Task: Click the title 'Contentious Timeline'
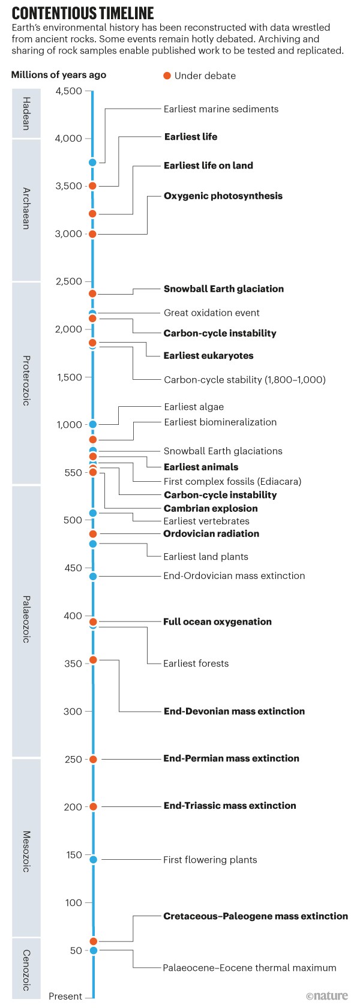[x=83, y=13]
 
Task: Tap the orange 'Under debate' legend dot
[x=167, y=76]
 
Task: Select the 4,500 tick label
[x=68, y=91]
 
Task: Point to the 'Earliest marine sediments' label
[x=221, y=109]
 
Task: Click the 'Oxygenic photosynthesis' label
[x=223, y=196]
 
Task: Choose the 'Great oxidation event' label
[x=211, y=313]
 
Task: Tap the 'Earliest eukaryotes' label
[x=208, y=356]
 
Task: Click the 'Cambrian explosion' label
[x=211, y=508]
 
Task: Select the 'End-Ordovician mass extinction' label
[x=234, y=576]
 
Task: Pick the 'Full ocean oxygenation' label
[x=217, y=622]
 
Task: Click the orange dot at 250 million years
[x=93, y=759]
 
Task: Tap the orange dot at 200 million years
[x=93, y=806]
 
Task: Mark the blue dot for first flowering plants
[x=93, y=860]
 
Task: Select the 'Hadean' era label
[x=26, y=113]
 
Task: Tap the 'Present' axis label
[x=65, y=996]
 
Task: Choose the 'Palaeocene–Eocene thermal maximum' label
[x=250, y=968]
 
